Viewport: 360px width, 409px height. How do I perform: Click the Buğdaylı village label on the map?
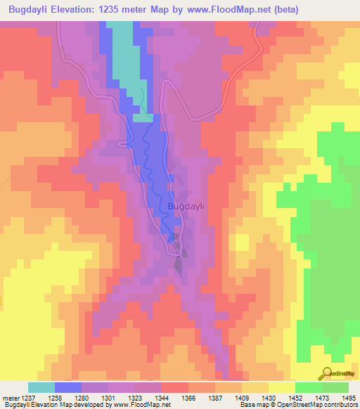pos(186,207)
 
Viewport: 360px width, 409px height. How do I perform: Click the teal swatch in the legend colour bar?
pos(41,387)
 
